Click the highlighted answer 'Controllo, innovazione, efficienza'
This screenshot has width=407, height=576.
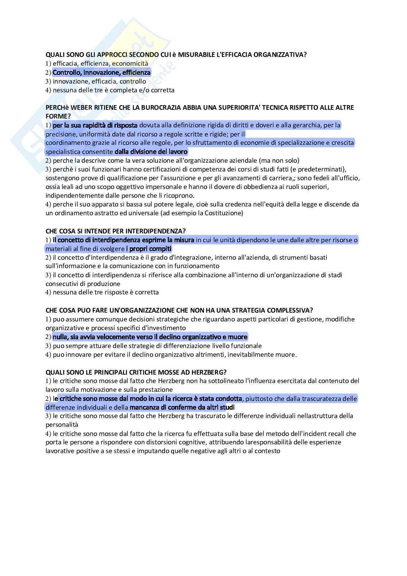tap(101, 73)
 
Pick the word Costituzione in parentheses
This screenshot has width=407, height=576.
tap(222, 213)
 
